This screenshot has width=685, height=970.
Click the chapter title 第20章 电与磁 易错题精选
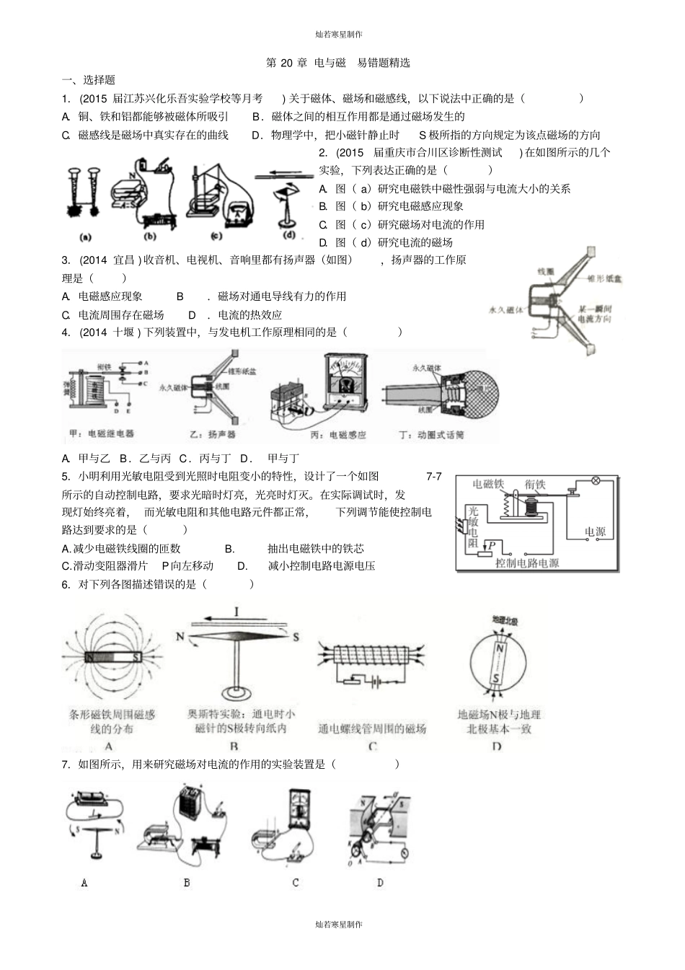[337, 63]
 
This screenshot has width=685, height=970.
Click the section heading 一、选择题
[89, 80]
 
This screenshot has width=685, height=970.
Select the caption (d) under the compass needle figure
[289, 234]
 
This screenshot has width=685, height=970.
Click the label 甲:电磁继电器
[101, 433]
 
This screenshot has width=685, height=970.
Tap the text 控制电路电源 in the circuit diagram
[527, 563]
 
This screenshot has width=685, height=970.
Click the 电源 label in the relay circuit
[595, 532]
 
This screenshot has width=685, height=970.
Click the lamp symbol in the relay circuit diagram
[596, 480]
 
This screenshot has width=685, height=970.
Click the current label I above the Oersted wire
[236, 612]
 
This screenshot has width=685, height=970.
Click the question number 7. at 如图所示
[66, 764]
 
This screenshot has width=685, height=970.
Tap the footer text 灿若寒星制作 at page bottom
[339, 925]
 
